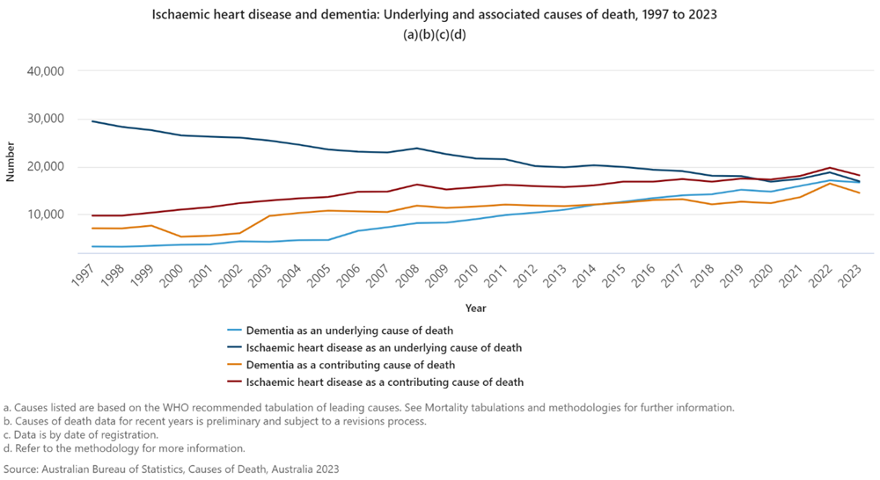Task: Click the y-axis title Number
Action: pyautogui.click(x=11, y=164)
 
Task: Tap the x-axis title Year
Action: pyautogui.click(x=475, y=309)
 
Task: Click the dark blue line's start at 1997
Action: pyautogui.click(x=92, y=121)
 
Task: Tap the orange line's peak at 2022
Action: pyautogui.click(x=829, y=184)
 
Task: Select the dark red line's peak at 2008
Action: pyautogui.click(x=418, y=185)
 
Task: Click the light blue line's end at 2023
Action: pyautogui.click(x=859, y=182)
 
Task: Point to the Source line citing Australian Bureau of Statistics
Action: pyautogui.click(x=171, y=469)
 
